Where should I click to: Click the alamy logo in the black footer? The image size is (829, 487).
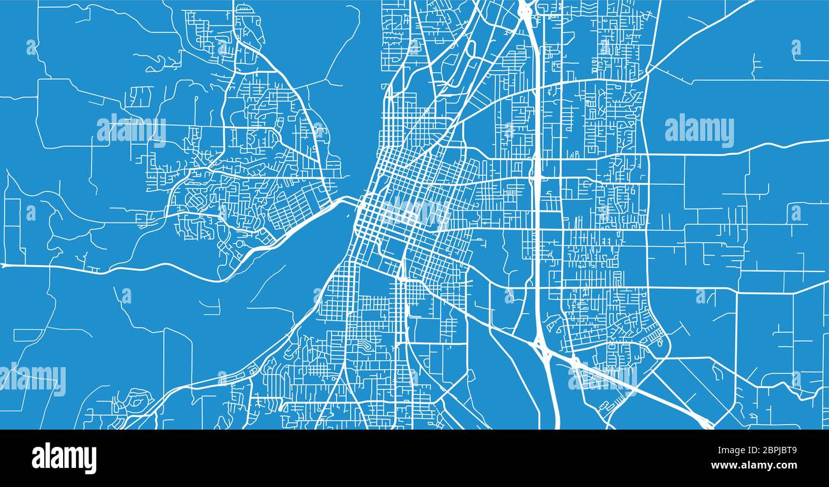64,458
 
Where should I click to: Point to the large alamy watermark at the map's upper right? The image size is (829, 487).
699,130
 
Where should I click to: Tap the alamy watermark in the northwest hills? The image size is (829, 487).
131,131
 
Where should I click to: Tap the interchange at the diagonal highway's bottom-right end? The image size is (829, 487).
705,421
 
